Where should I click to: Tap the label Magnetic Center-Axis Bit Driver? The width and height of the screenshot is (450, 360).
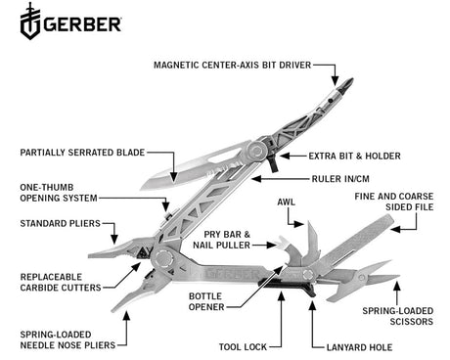(231, 66)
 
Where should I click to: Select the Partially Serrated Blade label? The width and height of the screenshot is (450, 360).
(83, 152)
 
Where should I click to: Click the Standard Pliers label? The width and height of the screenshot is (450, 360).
(59, 224)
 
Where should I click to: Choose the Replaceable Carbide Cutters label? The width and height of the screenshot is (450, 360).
(58, 283)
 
